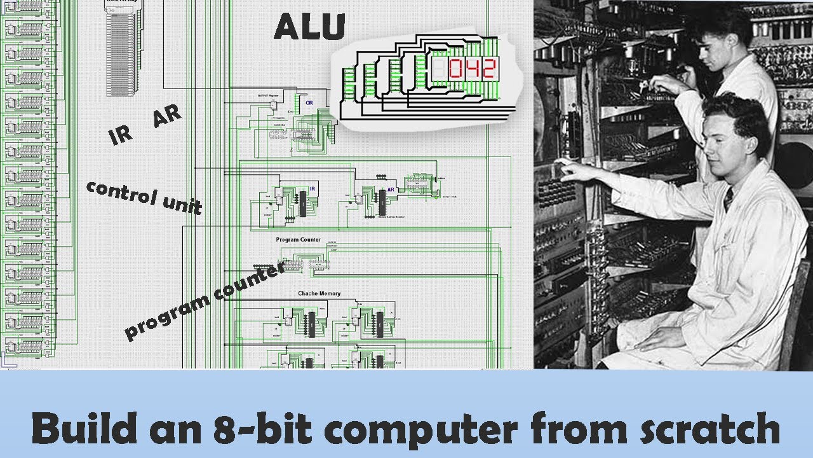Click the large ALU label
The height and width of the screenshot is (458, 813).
[x=310, y=27]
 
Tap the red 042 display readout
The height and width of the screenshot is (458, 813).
[x=471, y=69]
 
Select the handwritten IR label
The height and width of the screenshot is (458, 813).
[x=121, y=135]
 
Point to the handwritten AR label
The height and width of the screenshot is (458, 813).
[x=167, y=116]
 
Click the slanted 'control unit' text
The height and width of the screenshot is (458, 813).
[x=144, y=197]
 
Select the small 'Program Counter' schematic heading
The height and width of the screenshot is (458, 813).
[x=298, y=240]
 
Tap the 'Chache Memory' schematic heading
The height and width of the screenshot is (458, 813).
[x=319, y=293]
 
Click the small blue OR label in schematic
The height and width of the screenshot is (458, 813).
[x=309, y=102]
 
